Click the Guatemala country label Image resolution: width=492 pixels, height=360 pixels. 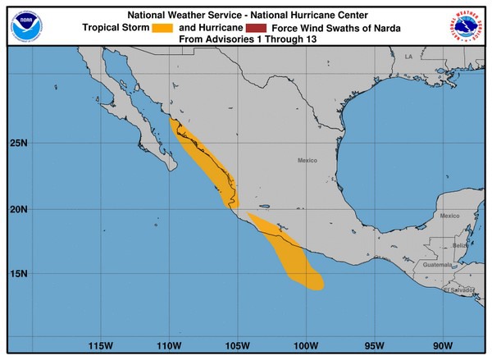(x=437, y=265)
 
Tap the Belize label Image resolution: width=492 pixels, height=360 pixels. (x=459, y=245)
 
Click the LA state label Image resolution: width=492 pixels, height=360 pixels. (x=408, y=56)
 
